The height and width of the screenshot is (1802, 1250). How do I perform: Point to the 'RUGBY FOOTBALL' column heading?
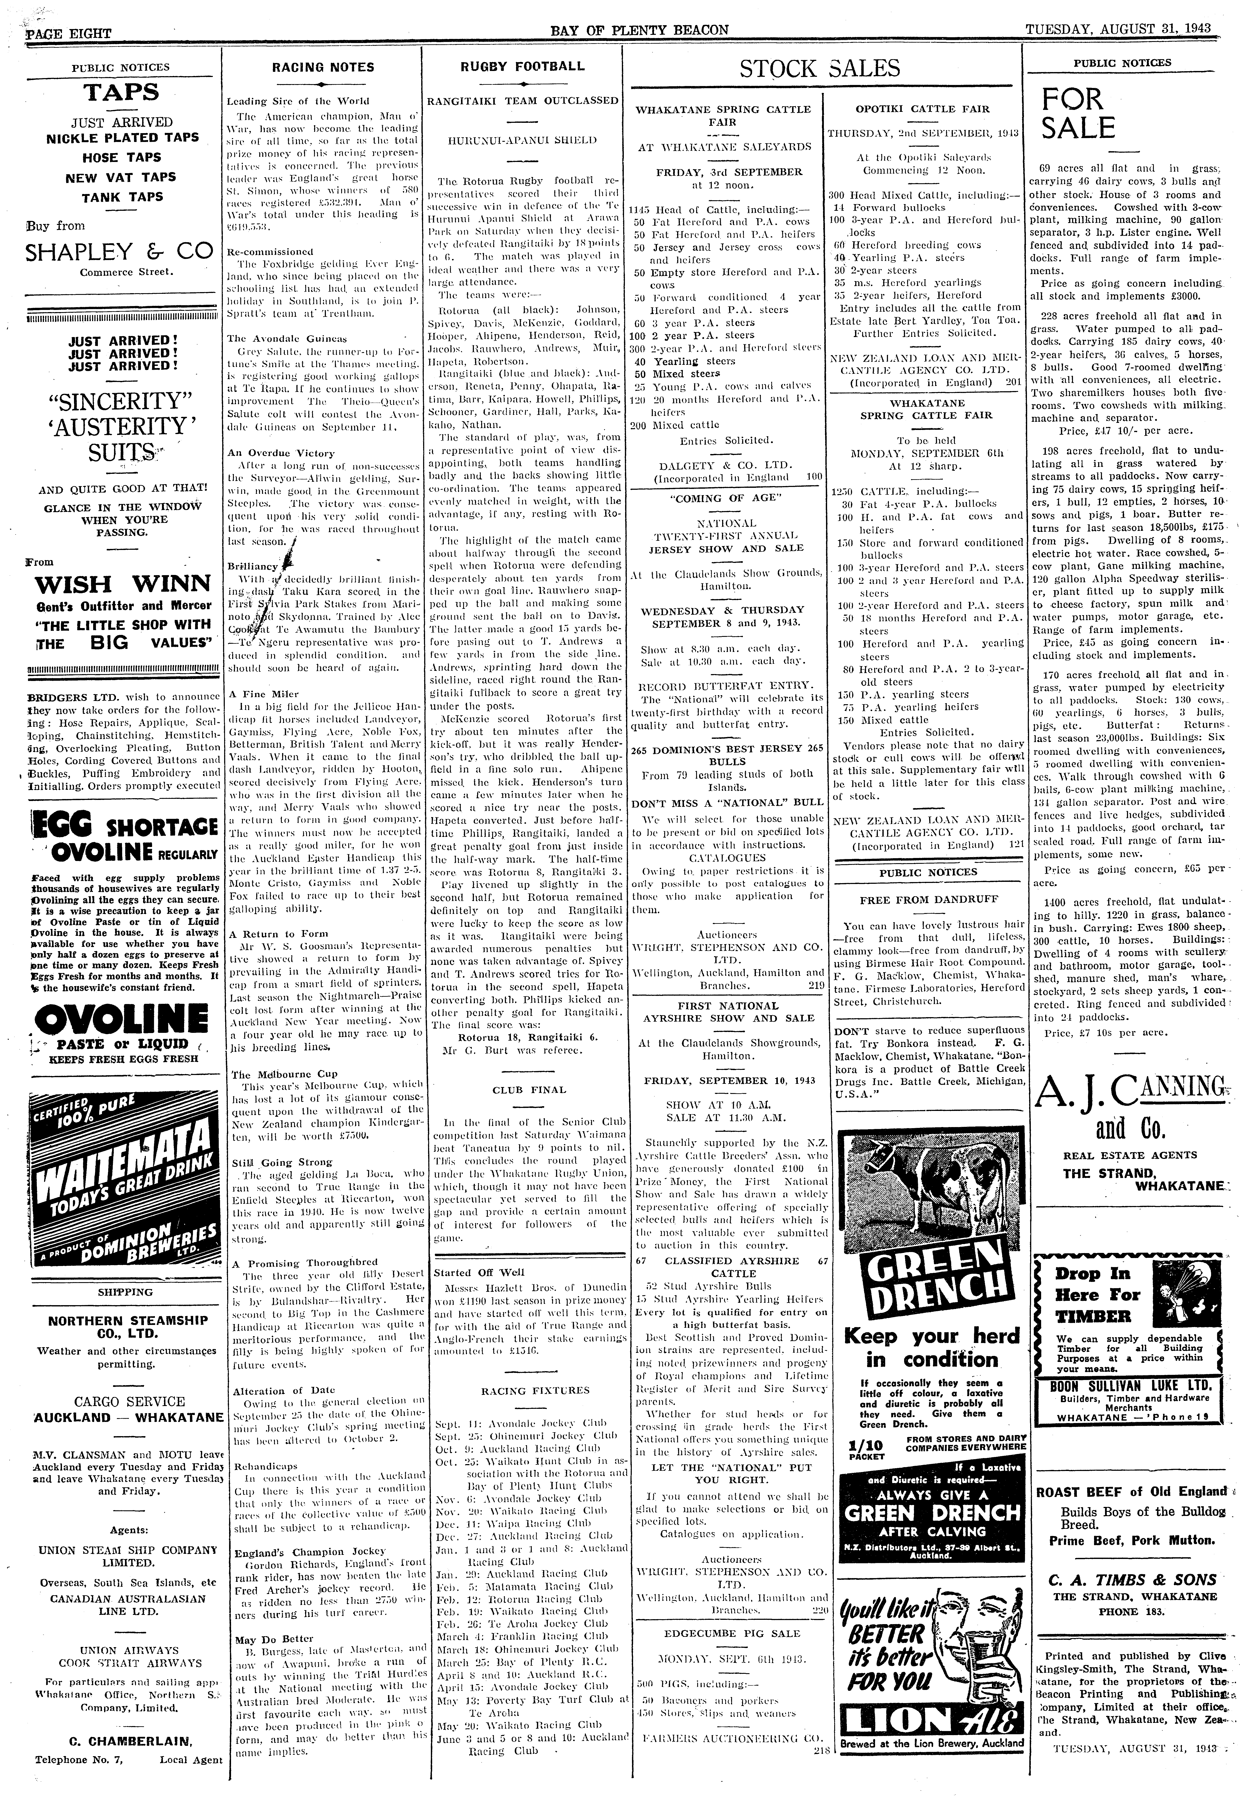coord(523,66)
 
